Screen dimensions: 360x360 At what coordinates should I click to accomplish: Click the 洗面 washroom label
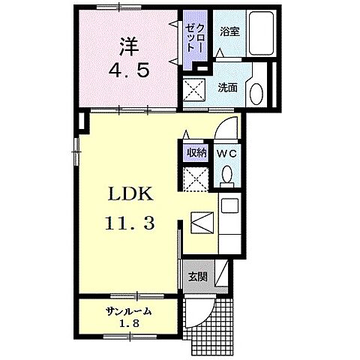point(228,87)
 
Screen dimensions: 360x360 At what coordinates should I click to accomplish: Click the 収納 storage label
point(196,152)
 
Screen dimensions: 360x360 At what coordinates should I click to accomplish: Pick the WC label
point(226,153)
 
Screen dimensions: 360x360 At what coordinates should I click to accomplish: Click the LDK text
point(133,194)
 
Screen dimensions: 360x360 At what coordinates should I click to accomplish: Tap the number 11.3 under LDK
point(133,223)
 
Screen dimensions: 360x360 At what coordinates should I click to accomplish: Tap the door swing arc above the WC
point(225,126)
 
